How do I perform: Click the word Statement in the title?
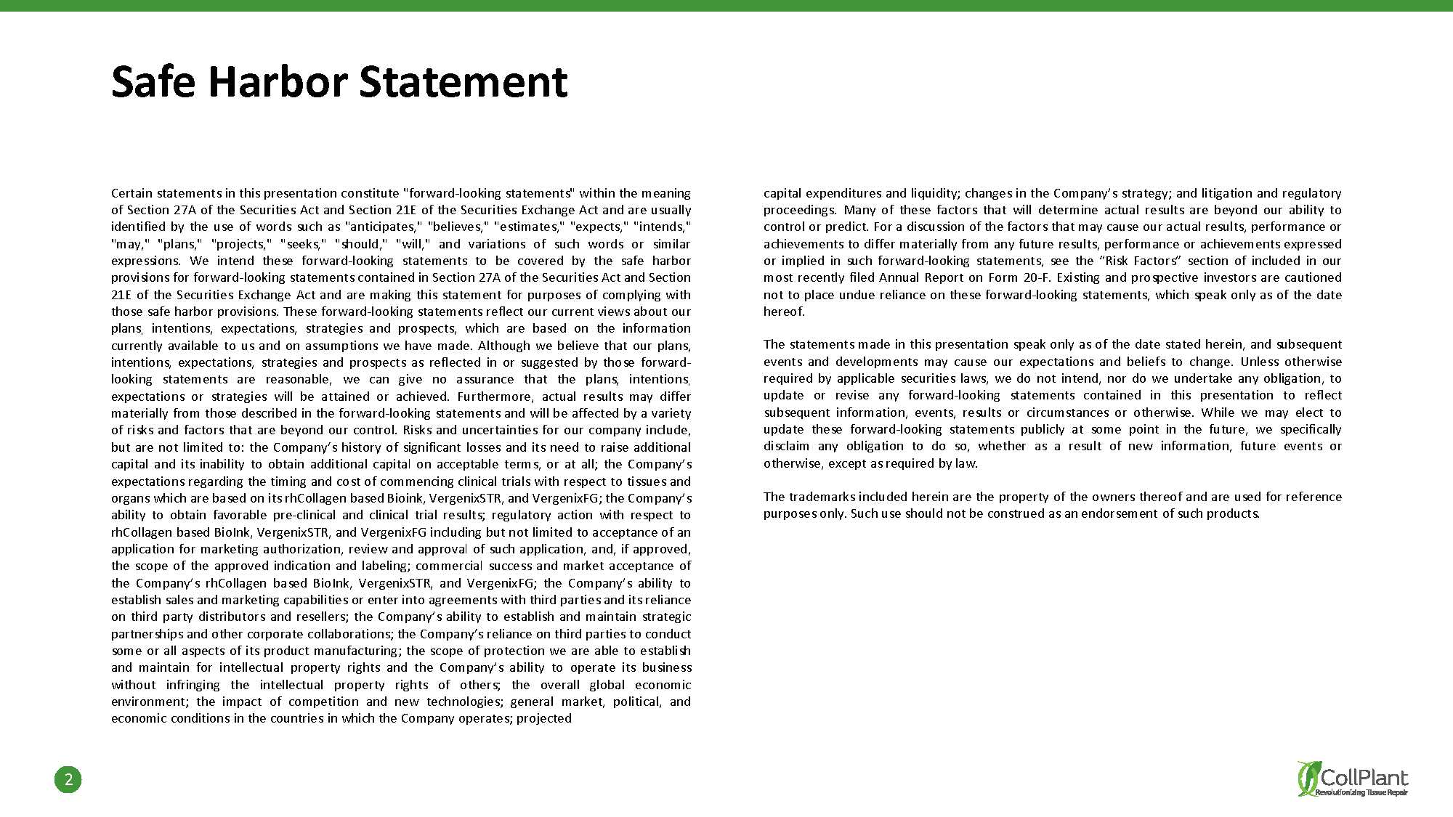[463, 81]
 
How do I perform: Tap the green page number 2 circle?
[68, 779]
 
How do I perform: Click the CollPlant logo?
[1352, 779]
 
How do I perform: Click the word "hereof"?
[783, 312]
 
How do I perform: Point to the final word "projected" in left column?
[544, 718]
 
